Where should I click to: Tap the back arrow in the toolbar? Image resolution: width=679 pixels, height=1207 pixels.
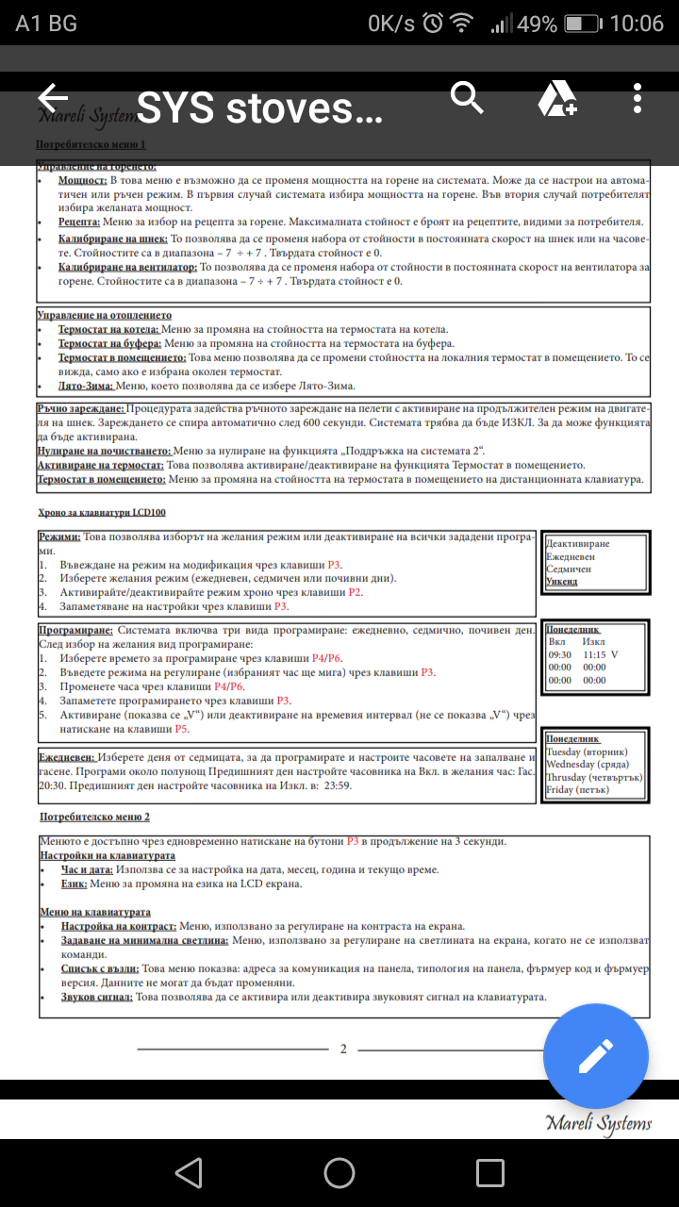tap(53, 97)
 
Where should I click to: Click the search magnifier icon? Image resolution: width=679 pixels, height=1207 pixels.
tap(467, 97)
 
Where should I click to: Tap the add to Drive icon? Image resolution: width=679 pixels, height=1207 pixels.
tap(556, 98)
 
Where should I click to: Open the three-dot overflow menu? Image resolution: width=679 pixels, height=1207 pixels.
tap(638, 98)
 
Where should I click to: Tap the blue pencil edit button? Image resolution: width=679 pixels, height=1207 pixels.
tap(596, 1056)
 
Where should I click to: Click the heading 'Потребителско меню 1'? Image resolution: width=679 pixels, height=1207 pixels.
tap(91, 145)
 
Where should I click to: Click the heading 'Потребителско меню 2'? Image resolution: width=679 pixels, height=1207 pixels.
tap(94, 817)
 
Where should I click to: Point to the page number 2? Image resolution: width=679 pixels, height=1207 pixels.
tap(343, 1049)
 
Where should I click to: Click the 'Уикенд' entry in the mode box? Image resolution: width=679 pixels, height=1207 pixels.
tap(562, 582)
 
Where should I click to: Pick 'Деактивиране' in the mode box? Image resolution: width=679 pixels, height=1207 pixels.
tap(578, 544)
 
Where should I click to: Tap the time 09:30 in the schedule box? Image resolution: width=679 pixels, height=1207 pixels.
tap(560, 653)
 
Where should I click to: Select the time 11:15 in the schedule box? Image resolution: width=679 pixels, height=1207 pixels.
tap(594, 653)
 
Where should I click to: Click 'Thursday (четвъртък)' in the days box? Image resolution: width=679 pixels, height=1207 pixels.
tap(594, 776)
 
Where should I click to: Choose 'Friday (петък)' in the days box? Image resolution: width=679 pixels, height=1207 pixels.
tap(578, 789)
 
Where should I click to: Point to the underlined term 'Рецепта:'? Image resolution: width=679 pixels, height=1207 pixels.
tap(78, 222)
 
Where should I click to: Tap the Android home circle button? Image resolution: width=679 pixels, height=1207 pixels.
tap(339, 1172)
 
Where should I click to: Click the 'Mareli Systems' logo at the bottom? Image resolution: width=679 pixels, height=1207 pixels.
tap(598, 1122)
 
